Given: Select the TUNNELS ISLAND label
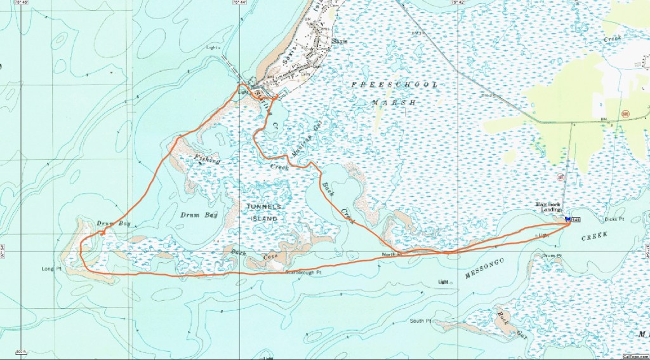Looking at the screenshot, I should coord(264,213).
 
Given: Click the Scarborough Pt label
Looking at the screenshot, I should coord(303,272).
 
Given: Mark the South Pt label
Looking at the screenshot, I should coord(420,321).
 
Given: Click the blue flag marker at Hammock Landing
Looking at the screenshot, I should coord(567,218).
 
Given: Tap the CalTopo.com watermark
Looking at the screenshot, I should coord(634,356).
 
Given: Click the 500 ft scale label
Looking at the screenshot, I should coord(20,351).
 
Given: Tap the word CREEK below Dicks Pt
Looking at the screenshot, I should coord(595,236).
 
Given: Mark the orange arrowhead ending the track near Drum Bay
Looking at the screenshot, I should coord(102,233).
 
